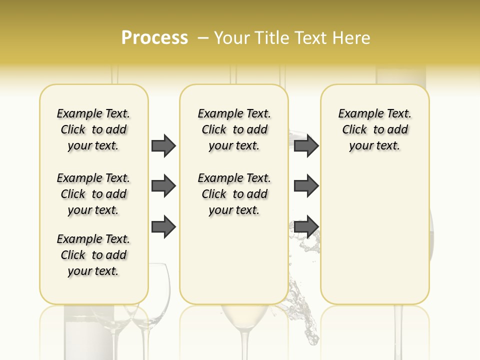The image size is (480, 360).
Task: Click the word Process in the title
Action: (154, 38)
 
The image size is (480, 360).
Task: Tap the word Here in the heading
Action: (350, 38)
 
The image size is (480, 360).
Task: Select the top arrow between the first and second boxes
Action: (163, 146)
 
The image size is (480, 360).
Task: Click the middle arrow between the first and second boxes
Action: (163, 186)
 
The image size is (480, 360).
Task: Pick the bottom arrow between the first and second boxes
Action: (163, 226)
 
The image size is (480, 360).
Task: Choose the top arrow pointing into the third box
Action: (306, 146)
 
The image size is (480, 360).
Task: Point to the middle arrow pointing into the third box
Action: (306, 186)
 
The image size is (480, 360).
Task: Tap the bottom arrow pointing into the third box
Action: (306, 226)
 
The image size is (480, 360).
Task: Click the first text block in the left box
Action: (93, 129)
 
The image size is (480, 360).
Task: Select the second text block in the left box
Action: (93, 194)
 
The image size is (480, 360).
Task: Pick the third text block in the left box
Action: (93, 255)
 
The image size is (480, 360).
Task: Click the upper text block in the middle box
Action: (234, 129)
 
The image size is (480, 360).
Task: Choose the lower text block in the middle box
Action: (234, 194)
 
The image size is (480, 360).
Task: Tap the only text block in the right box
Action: (374, 129)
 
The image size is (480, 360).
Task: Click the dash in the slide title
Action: (203, 38)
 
